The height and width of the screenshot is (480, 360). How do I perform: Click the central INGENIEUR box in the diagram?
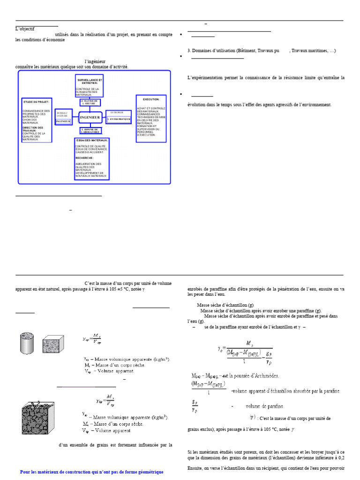(90, 117)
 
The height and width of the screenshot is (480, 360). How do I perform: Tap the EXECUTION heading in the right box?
(151, 99)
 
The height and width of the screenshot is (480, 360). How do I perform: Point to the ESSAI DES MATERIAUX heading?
(92, 140)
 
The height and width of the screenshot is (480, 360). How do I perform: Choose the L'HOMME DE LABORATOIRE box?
(90, 131)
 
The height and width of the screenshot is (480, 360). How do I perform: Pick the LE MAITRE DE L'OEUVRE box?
(90, 102)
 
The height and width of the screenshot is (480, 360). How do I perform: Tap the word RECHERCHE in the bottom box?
(85, 158)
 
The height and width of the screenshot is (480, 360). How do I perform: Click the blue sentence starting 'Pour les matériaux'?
(92, 472)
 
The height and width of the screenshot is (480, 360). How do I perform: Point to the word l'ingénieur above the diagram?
(95, 61)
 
